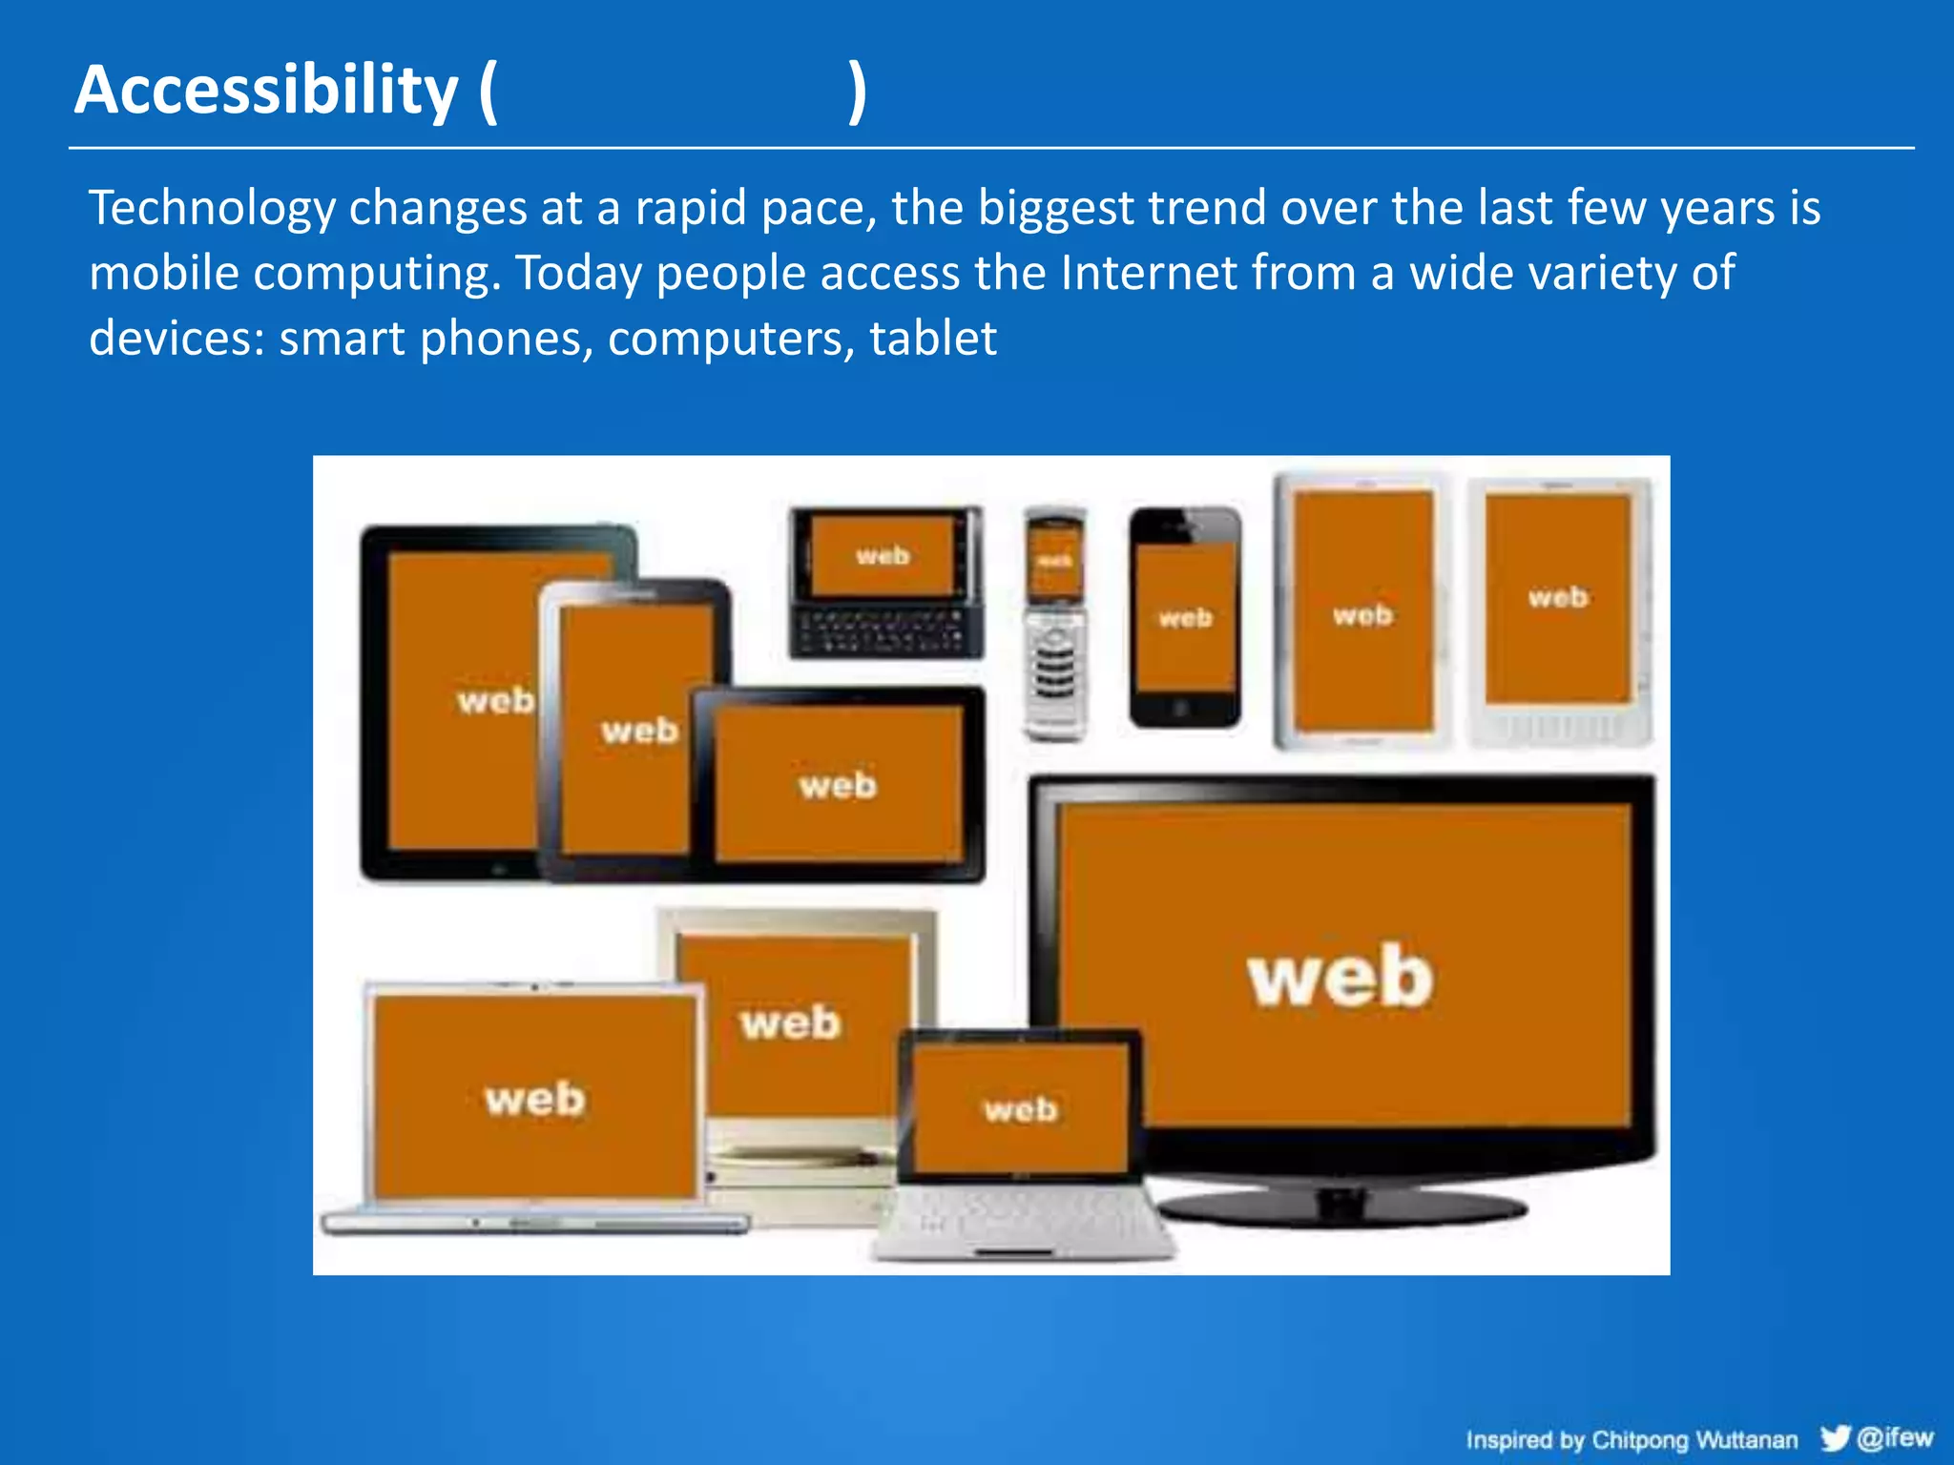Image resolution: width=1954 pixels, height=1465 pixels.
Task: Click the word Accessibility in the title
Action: (x=266, y=91)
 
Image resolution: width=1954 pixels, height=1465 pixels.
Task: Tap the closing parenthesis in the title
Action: (x=858, y=91)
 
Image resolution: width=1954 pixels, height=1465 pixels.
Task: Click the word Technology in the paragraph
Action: (x=212, y=208)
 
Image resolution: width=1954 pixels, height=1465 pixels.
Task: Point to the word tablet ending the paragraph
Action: (x=932, y=339)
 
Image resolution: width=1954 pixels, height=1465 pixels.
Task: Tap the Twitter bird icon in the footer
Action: (x=1834, y=1437)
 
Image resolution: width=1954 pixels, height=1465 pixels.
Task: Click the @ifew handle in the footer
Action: (x=1895, y=1437)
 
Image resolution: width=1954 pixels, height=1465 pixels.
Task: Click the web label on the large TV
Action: (x=1340, y=977)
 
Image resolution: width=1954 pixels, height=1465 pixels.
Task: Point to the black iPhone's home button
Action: (x=1181, y=708)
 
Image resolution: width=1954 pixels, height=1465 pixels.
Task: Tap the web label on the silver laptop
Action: (x=534, y=1098)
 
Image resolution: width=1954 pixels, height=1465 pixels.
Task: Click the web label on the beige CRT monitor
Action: (x=790, y=1022)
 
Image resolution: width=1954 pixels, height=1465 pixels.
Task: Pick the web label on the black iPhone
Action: (x=1185, y=618)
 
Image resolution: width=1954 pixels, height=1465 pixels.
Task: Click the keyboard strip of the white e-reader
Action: (x=1558, y=727)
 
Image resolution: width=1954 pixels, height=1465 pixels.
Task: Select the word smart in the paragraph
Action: (x=342, y=339)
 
